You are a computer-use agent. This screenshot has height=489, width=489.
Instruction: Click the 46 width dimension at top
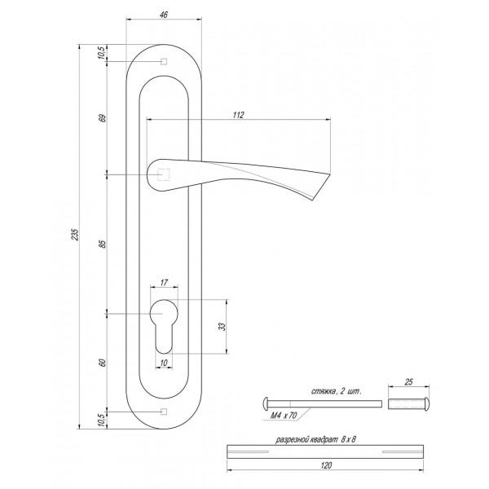[x=164, y=15]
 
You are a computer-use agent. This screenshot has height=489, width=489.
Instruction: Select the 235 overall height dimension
[x=75, y=235]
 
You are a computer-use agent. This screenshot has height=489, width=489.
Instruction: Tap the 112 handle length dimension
[x=238, y=115]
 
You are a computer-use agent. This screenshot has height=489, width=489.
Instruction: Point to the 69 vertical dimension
[x=104, y=118]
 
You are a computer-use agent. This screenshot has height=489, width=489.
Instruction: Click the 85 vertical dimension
[x=104, y=244]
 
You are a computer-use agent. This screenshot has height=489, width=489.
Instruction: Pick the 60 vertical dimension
[x=104, y=363]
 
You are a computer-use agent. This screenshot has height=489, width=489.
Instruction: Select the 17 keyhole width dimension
[x=164, y=283]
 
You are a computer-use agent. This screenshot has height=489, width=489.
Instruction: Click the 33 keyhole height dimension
[x=222, y=327]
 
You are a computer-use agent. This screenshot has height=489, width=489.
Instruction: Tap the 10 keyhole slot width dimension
[x=164, y=363]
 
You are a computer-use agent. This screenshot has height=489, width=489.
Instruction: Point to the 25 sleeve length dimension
[x=408, y=381]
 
